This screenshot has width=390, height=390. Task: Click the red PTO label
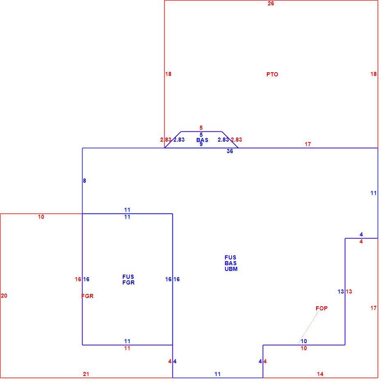coord(272,74)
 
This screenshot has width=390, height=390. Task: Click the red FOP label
coord(321,308)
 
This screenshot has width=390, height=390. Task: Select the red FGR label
coord(87,296)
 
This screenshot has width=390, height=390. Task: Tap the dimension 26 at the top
coord(271,3)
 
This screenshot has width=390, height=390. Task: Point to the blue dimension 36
coord(230,151)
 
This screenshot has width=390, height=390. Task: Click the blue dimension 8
coord(84,181)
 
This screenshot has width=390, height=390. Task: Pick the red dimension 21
coord(86,374)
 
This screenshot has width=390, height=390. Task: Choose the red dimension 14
coord(320,374)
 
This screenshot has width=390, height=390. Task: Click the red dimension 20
coord(4,296)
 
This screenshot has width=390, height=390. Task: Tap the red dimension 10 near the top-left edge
coord(41,217)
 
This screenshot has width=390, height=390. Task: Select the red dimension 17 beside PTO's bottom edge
coord(307,144)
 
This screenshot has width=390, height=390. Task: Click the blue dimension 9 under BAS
coord(201,144)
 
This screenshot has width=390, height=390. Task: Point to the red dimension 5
coord(201,128)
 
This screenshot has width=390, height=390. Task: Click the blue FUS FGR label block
coord(128,280)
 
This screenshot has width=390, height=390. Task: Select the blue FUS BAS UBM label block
coord(231,263)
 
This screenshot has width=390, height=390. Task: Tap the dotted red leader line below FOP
coord(308,328)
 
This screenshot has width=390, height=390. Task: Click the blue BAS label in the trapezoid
coord(202,140)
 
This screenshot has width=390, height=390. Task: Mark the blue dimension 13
coord(341,291)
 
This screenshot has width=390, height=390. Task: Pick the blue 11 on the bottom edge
coord(218,374)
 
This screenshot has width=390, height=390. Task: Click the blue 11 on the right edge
coord(373,193)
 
